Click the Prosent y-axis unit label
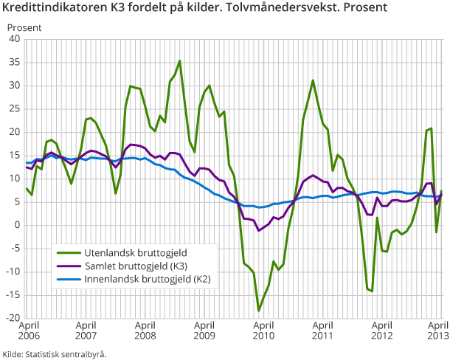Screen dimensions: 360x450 tap(24, 27)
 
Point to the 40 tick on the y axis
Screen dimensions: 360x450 tap(14, 38)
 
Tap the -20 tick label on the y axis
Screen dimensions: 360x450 tap(12, 319)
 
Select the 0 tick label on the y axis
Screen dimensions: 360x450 tap(16, 225)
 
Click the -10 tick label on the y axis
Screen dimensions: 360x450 tap(12, 272)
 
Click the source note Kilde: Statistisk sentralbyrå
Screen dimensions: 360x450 tap(55, 354)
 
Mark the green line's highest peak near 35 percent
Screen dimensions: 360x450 tap(180, 61)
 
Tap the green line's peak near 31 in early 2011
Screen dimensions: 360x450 tap(313, 80)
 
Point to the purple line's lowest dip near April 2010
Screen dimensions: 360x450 tap(259, 230)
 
